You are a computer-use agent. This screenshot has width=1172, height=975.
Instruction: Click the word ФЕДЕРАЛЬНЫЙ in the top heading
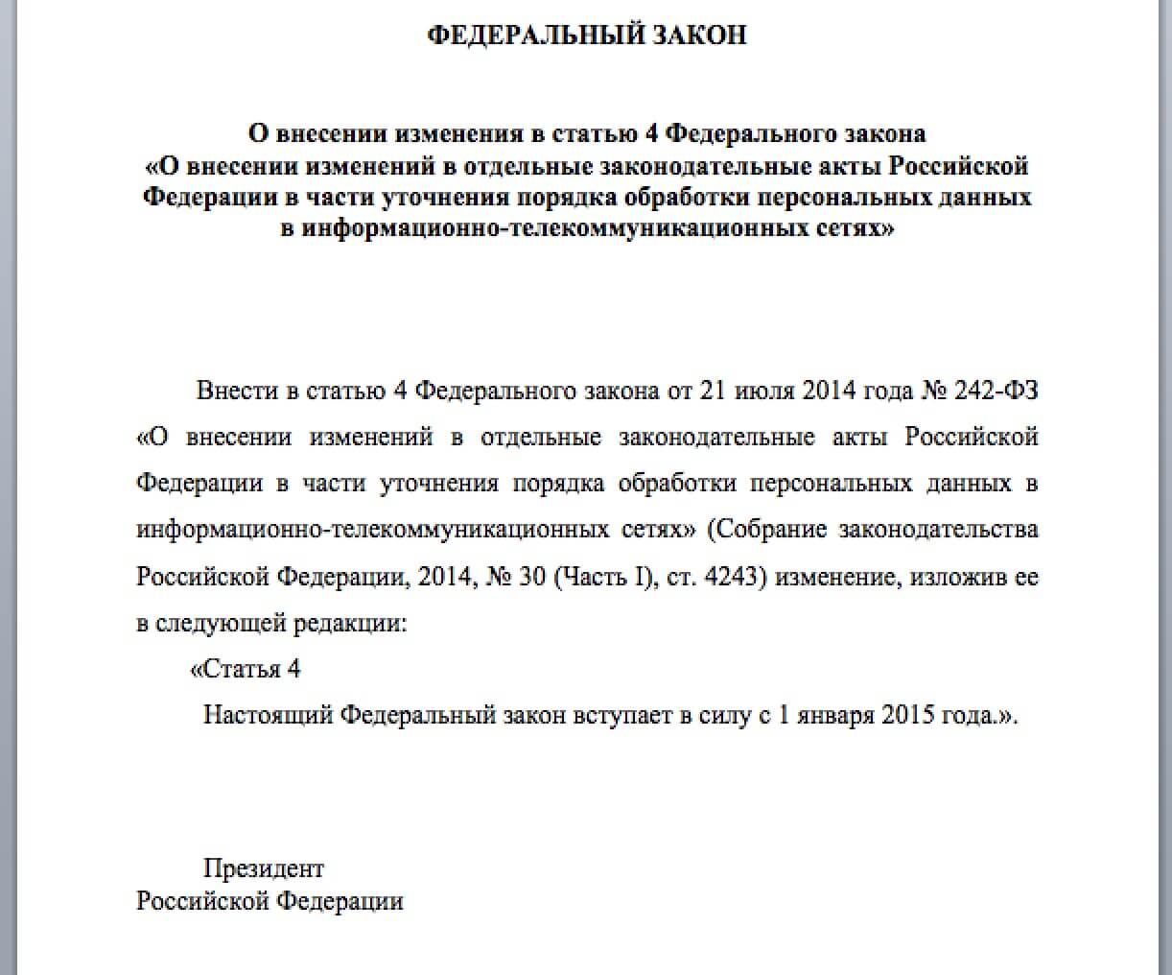point(534,36)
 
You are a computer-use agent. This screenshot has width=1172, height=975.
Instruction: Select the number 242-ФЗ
point(996,392)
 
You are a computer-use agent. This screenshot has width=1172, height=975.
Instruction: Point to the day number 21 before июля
point(715,392)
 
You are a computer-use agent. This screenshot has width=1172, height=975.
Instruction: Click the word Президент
point(264,868)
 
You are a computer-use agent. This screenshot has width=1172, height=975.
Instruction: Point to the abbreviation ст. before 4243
point(687,578)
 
